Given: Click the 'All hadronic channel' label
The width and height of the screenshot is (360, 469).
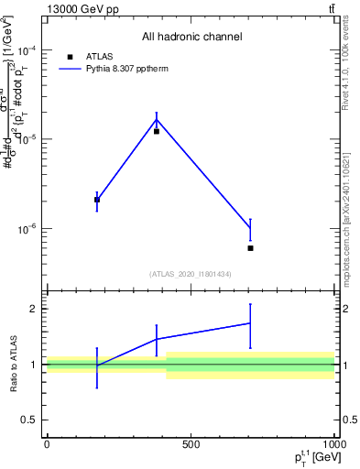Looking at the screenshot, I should pos(191,37).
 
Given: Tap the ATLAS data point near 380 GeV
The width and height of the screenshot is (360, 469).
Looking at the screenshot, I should pos(157,131).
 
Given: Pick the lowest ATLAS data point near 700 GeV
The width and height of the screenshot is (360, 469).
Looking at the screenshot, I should pos(250,248).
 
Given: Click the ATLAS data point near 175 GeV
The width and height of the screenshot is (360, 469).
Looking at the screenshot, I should pos(97,200).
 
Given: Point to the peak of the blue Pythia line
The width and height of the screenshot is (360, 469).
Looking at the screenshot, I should pos(157,120).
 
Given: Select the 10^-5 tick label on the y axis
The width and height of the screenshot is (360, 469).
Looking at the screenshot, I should pos(26,139).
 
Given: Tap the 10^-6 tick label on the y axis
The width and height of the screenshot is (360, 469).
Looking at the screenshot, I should pos(26,229).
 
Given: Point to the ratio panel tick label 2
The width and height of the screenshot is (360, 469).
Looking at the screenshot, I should pos(33,309).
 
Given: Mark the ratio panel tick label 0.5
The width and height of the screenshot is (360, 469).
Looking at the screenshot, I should pos(29,420).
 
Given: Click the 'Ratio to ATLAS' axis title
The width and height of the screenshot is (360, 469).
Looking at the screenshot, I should pos(13,365).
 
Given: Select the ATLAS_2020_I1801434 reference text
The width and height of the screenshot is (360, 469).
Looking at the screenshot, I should pos(191,274).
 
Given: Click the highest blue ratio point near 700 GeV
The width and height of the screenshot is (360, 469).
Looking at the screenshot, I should pos(250,322).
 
